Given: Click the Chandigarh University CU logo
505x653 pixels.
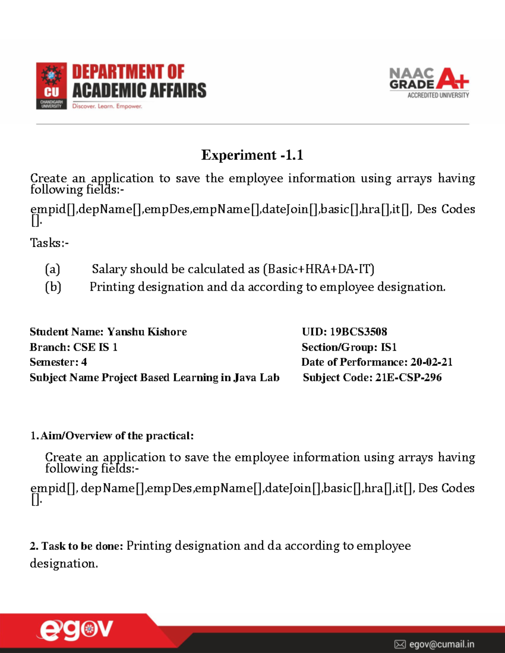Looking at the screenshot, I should coord(51,86).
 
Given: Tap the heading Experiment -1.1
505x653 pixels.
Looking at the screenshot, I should coord(252,155).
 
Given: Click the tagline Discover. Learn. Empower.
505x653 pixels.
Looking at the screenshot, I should coord(107,106).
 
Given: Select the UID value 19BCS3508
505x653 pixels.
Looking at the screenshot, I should coord(358,332).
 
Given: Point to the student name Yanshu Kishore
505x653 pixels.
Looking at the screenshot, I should coord(147,332).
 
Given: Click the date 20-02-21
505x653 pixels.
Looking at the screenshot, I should coord(431,362).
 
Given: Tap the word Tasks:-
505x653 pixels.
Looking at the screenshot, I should coord(49,243).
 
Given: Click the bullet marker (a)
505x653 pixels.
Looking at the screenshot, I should coord(53,269).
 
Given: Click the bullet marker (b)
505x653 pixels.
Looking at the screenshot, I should coord(53,287).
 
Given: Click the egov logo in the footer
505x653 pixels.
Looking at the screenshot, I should coord(76,630).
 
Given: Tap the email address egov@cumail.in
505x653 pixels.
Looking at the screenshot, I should coord(441,644).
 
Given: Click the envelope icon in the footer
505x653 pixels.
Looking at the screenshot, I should coord(400,644).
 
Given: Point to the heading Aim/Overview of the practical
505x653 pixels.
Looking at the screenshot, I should coord(117,436).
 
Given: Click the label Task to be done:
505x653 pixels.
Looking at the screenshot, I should coord(77,546).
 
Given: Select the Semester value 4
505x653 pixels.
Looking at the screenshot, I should coord(84,362).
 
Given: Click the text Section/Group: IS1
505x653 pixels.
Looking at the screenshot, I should coord(349,347).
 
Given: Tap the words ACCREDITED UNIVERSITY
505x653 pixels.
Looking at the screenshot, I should coord(438,95).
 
